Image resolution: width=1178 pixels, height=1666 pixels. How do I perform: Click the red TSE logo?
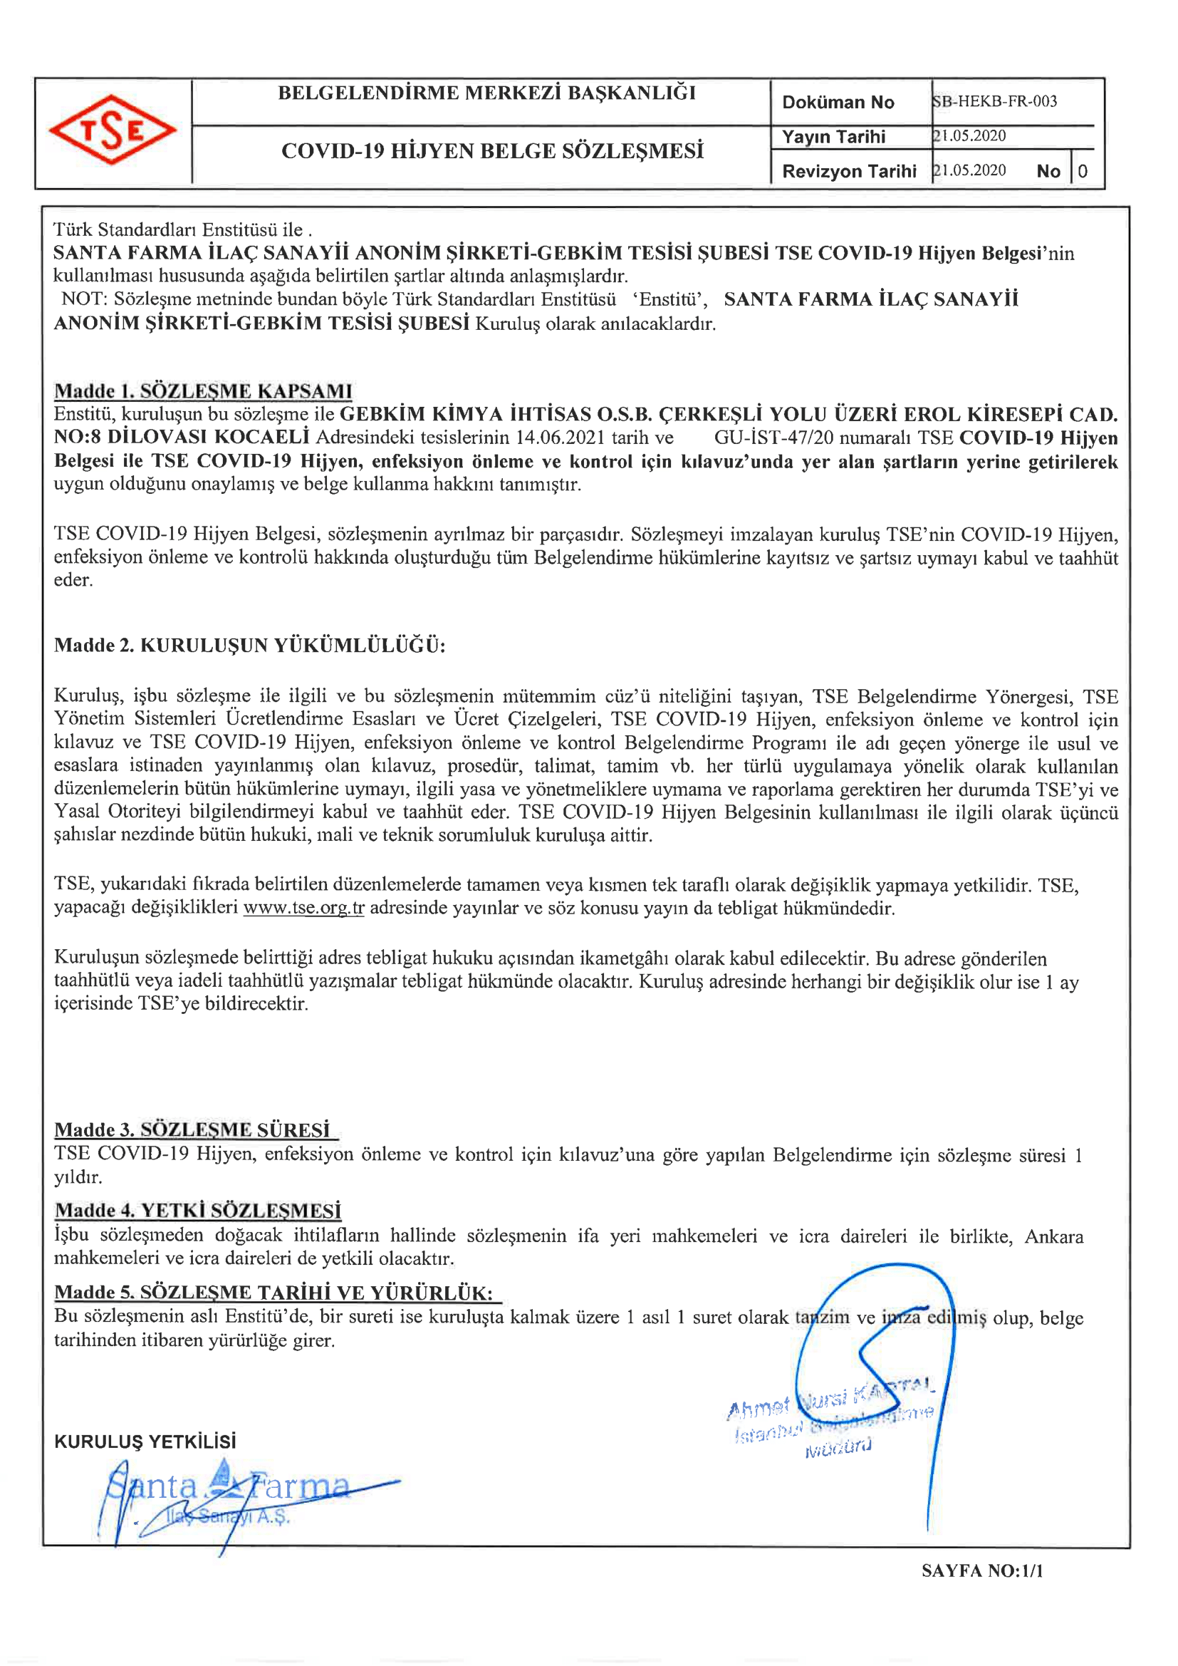point(113,130)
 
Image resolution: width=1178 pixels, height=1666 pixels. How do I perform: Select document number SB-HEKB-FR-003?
point(995,102)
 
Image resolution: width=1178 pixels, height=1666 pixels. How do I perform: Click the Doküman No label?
point(838,103)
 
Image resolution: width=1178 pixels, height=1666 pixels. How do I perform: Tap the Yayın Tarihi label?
point(833,137)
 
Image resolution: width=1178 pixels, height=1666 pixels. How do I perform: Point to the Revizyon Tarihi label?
point(849,171)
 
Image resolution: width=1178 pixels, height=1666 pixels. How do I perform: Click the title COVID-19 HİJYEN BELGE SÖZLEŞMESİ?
point(493,151)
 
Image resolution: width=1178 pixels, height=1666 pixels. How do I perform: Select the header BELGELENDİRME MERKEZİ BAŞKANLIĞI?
point(486,93)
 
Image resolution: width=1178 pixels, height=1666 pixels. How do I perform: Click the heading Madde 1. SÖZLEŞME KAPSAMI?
point(203,391)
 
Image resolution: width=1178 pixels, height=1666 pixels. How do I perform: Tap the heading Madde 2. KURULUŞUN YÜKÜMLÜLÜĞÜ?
point(249,645)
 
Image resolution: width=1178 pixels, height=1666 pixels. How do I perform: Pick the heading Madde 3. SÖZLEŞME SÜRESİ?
point(192,1129)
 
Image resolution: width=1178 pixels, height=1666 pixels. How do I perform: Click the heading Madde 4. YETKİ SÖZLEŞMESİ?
point(198,1211)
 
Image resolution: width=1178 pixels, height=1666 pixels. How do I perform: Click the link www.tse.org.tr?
point(303,908)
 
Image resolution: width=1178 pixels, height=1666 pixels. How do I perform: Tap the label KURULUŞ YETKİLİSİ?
point(145,1441)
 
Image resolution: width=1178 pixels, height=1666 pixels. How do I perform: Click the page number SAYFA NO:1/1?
point(981,1571)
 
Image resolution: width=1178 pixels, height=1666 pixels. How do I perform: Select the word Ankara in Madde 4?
point(1053,1236)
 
